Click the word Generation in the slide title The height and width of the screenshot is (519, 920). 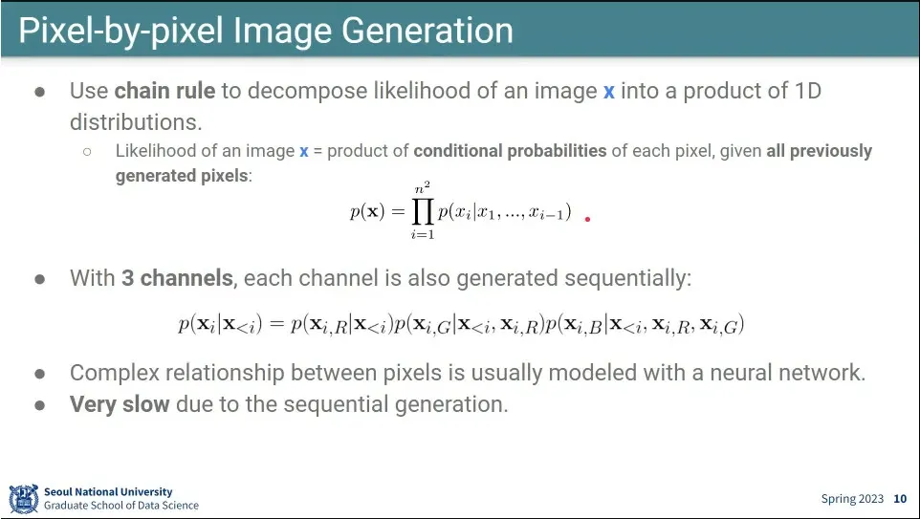tap(427, 32)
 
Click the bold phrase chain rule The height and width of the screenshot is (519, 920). tap(164, 91)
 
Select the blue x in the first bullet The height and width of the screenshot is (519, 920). tap(609, 92)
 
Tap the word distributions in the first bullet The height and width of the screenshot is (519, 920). tap(136, 122)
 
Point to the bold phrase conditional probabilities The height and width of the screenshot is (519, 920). tap(510, 151)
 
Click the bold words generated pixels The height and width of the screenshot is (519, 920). tap(182, 175)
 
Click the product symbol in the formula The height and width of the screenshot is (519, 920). tap(423, 211)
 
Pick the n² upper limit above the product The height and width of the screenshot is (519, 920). tap(423, 188)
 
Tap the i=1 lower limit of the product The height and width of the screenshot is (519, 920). tap(423, 234)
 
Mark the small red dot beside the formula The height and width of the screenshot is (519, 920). tap(587, 219)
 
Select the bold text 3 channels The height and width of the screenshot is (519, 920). tap(177, 278)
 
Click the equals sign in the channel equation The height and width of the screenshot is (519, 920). tap(275, 324)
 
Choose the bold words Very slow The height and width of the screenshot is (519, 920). tap(120, 404)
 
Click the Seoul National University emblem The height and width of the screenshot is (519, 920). tap(24, 499)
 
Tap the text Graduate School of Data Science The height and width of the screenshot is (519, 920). tap(121, 506)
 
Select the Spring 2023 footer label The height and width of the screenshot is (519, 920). tap(852, 499)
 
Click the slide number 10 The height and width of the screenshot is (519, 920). tap(900, 499)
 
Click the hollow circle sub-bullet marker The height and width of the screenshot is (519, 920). tap(87, 151)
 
